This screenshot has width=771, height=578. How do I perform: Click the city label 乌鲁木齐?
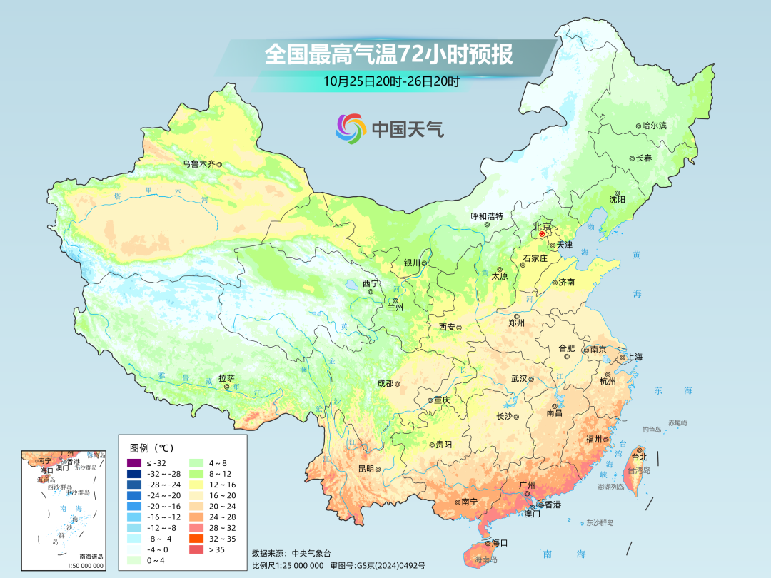tap(198, 163)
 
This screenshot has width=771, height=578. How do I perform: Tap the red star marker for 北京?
tap(542, 234)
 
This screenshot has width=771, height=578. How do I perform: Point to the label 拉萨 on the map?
tap(226, 378)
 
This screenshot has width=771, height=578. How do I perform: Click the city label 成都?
tap(385, 383)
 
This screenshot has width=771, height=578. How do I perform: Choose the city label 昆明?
tap(366, 469)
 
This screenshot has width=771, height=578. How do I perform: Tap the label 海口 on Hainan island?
tap(500, 543)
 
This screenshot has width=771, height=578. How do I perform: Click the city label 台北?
tap(638, 457)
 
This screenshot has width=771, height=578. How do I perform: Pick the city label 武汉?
tap(518, 379)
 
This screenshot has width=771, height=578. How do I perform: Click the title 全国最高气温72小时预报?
tap(388, 54)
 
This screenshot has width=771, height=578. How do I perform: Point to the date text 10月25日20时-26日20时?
tap(390, 81)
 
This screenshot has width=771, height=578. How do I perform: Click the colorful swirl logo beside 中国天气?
tap(351, 128)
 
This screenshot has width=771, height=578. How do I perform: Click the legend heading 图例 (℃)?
tap(151, 447)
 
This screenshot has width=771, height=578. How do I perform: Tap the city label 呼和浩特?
tap(487, 216)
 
